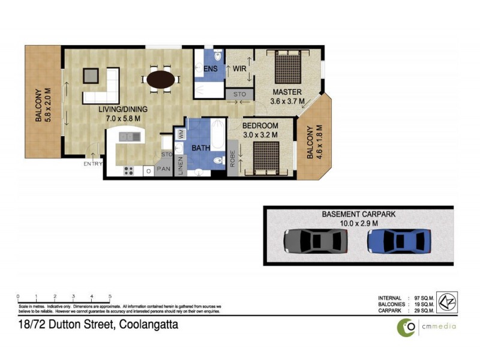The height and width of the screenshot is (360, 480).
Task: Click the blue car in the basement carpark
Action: pos(399,241)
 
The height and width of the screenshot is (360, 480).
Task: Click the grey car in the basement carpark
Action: pos(316,241)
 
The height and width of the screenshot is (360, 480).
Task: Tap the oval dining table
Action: pos(162,80)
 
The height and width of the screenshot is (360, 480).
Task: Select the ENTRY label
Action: pos(93,164)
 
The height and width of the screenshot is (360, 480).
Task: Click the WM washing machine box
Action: pos(180,134)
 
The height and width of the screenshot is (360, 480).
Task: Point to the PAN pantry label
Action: pos(163,169)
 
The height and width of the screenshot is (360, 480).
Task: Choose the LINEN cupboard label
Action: pos(181,166)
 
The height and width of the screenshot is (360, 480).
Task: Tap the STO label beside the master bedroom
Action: pos(239,94)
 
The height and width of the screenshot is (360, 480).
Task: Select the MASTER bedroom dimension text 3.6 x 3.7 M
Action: pos(287,102)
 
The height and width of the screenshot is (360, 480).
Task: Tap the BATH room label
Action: pos(200,147)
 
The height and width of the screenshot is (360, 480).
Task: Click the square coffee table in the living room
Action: pos(91,75)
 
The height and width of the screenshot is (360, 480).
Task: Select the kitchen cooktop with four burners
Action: pos(129,170)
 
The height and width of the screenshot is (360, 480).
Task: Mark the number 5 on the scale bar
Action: pos(110,296)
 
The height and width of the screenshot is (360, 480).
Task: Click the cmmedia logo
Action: pos(427,326)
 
